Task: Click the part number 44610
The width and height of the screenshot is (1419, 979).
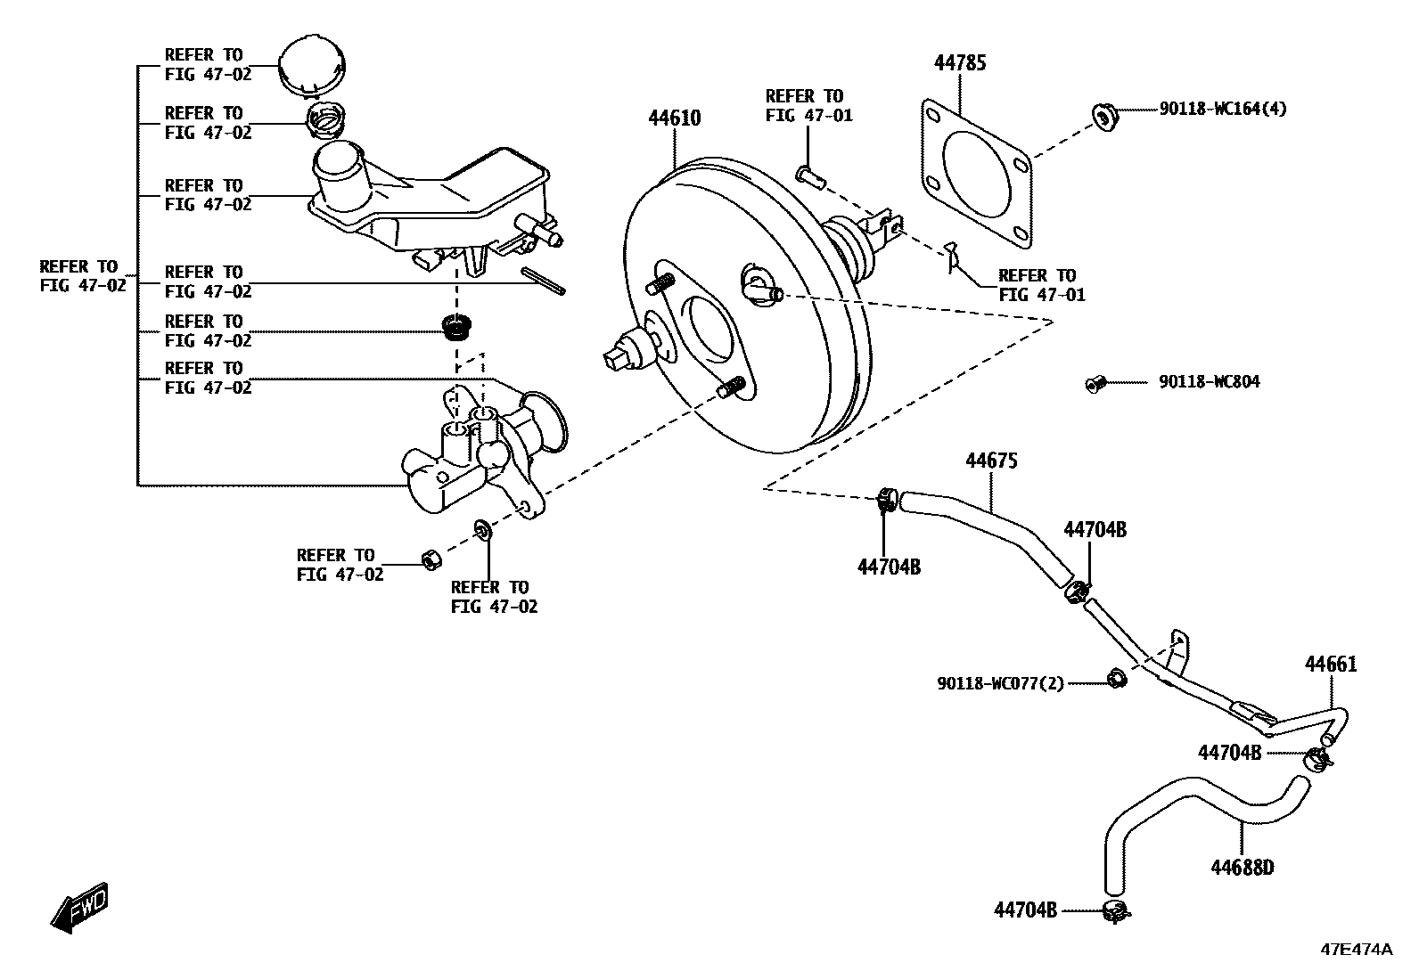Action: point(674,118)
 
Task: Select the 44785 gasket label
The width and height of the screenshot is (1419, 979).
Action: point(960,63)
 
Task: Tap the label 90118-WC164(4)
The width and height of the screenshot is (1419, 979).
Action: point(1222,110)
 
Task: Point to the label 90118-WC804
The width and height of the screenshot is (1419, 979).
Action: point(1209,382)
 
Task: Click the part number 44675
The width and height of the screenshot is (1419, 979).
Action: point(991,461)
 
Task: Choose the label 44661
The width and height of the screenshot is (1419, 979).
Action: point(1331,665)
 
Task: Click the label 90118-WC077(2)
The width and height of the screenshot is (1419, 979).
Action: point(1000,684)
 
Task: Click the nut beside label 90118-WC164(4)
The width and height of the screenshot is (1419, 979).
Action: point(1103,117)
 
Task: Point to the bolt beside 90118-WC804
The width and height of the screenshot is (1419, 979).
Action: point(1094,384)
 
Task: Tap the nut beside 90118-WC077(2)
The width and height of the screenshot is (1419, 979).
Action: point(1114,680)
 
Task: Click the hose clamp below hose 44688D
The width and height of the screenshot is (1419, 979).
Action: point(1114,910)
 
